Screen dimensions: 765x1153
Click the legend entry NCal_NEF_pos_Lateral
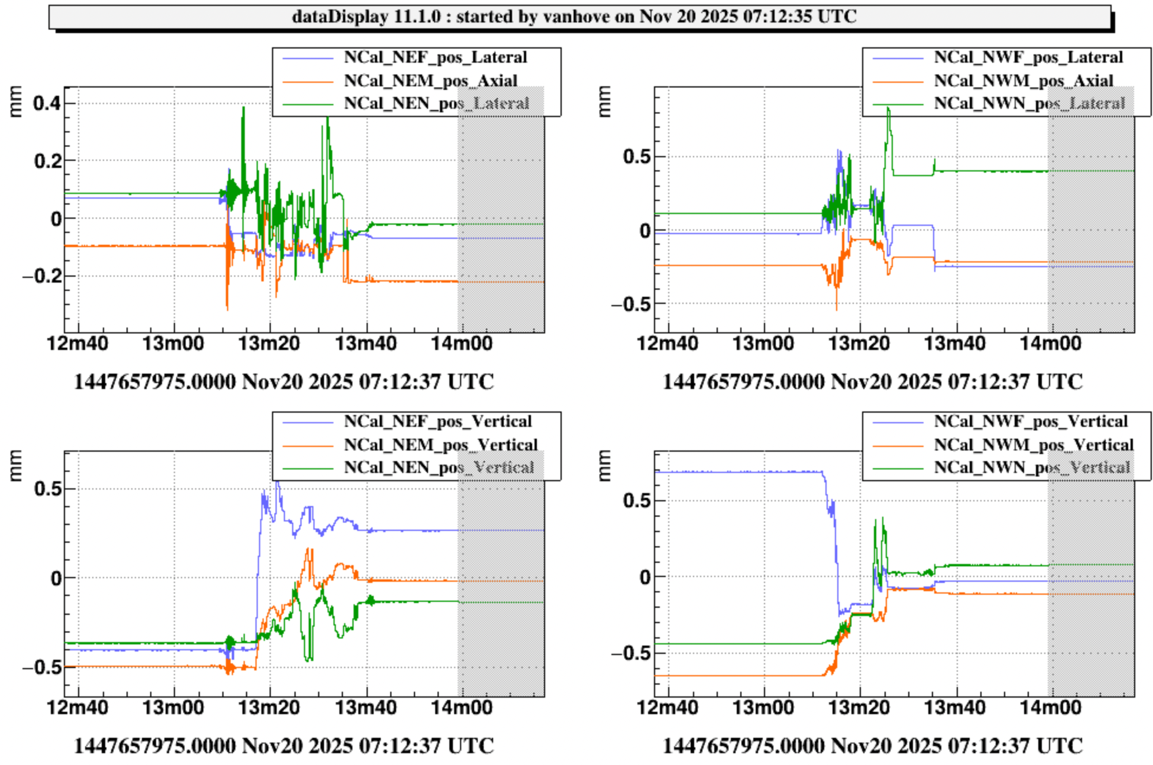435,57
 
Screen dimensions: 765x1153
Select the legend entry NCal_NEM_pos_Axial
430,80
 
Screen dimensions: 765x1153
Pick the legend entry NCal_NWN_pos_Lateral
1029,103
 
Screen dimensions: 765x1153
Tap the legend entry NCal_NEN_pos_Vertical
439,468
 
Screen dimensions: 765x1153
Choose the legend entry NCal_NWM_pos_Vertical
1034,445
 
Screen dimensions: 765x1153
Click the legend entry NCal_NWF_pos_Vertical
1031,422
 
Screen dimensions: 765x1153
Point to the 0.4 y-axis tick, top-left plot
47,103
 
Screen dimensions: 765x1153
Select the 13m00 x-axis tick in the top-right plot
763,343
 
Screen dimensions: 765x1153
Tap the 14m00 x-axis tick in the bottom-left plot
461,708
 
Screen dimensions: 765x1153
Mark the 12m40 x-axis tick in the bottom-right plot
668,708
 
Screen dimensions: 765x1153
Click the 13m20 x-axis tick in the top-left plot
269,343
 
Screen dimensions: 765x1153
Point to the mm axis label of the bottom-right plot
604,466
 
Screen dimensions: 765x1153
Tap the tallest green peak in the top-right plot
888,108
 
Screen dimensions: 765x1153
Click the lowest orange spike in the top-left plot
227,309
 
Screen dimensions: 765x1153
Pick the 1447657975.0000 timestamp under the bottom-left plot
154,746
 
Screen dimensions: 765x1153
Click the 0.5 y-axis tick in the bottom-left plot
47,489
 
